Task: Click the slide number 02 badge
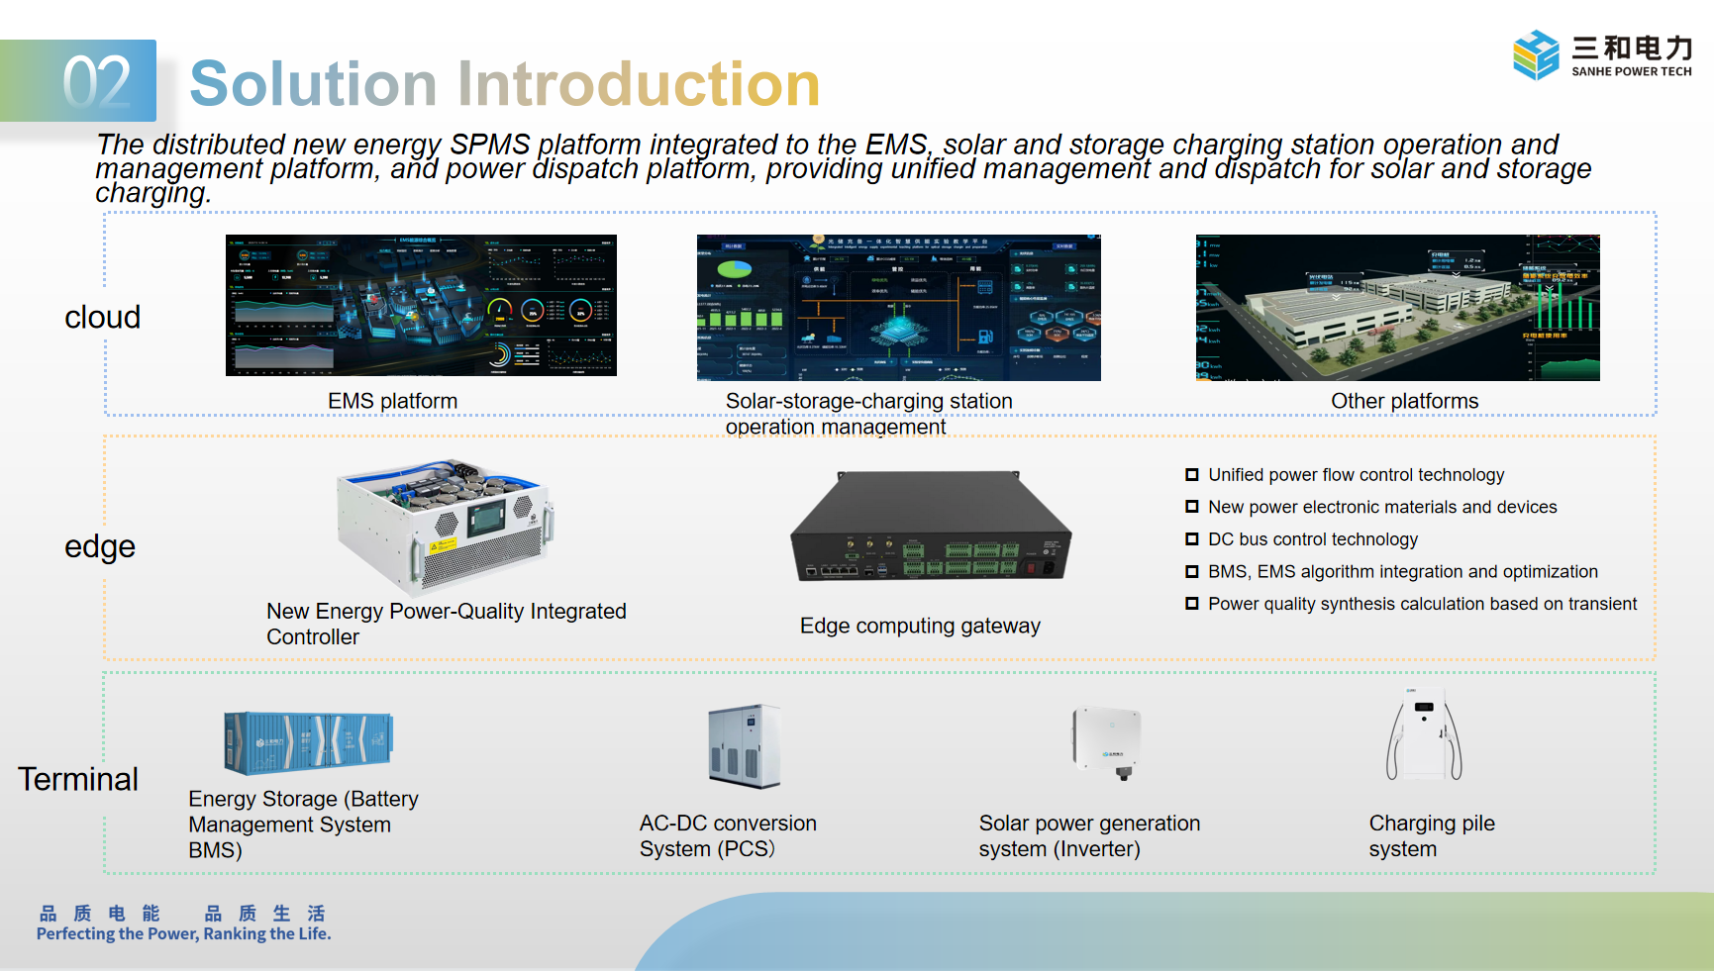click(96, 81)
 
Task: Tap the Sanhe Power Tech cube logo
click(1536, 55)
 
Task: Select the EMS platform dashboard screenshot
click(421, 305)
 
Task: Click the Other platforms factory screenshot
click(1397, 308)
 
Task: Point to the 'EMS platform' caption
click(392, 401)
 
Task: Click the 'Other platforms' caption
click(1404, 401)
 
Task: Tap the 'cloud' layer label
click(102, 318)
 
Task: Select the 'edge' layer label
click(99, 547)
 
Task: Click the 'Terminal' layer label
click(78, 780)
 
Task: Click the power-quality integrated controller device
click(444, 525)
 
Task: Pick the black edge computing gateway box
click(930, 528)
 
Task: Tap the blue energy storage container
click(308, 742)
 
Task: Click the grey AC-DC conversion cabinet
click(745, 746)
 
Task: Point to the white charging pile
click(1424, 736)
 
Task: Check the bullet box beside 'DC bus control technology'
click(1192, 539)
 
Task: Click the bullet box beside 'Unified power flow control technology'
click(1192, 475)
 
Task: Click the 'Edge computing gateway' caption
click(920, 626)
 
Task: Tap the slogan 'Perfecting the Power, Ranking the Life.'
click(184, 933)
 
